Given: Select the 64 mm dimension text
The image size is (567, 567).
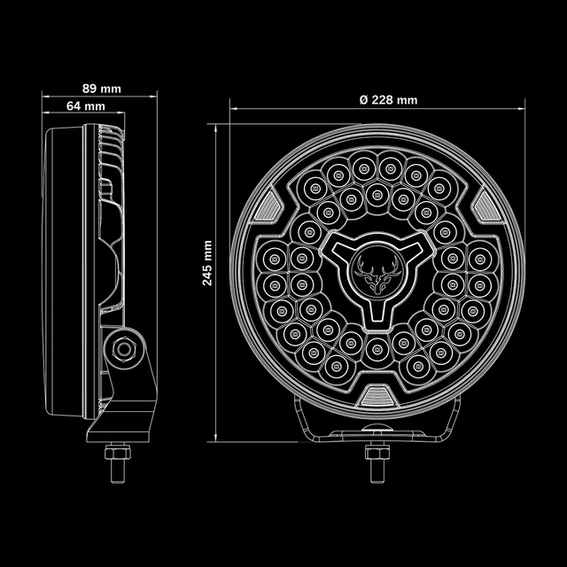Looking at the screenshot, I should [x=86, y=106].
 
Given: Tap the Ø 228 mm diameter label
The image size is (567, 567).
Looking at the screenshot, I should [x=388, y=99].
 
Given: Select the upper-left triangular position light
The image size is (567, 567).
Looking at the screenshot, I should [x=265, y=207].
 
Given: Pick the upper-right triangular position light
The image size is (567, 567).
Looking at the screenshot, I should [x=483, y=207].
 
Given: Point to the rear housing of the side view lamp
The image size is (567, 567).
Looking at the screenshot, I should [x=62, y=266].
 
